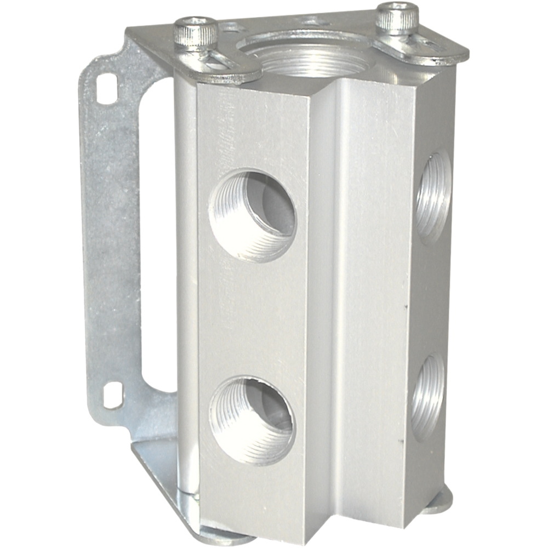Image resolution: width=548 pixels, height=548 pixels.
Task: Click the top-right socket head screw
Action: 397,19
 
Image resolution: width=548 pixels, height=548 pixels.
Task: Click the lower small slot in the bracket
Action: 113,393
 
